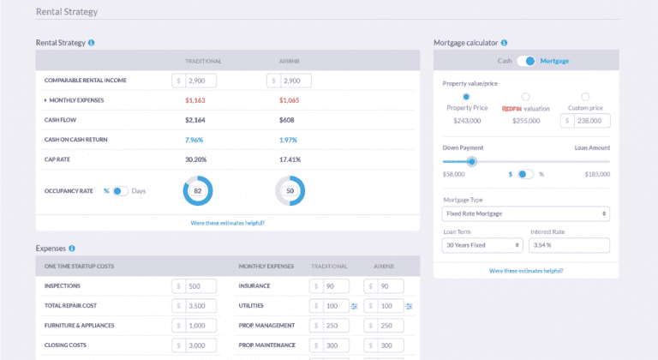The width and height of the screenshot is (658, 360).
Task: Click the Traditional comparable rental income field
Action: coord(200,81)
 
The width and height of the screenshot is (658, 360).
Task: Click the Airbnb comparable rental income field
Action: coord(294,81)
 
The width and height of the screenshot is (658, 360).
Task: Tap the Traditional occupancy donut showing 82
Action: coord(198,190)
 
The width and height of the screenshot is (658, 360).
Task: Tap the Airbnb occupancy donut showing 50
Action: coord(290,190)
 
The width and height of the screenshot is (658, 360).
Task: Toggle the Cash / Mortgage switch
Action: coord(525,61)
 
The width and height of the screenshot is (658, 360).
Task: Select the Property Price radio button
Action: coord(466,97)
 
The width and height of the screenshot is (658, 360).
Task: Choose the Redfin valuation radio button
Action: coord(525,97)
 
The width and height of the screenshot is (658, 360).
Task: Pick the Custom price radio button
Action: coord(585,97)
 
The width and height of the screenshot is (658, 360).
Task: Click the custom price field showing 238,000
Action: coord(591,121)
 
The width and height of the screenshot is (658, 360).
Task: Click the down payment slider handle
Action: coord(471,161)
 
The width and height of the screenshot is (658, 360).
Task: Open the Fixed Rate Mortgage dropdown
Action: coord(525,213)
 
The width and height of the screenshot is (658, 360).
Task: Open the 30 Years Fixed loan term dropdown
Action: coord(482,245)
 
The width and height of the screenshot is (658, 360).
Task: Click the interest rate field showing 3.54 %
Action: coord(569,245)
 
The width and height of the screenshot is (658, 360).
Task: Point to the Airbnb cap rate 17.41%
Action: coord(290,159)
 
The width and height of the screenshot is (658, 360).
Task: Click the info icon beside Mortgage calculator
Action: coord(505,42)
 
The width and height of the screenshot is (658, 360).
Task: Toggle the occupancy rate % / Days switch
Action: coord(120,190)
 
